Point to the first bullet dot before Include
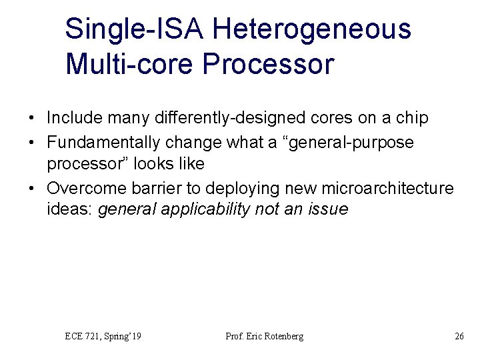[33, 119]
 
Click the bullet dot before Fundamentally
[33, 143]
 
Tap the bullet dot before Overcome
[33, 189]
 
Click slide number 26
[459, 336]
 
